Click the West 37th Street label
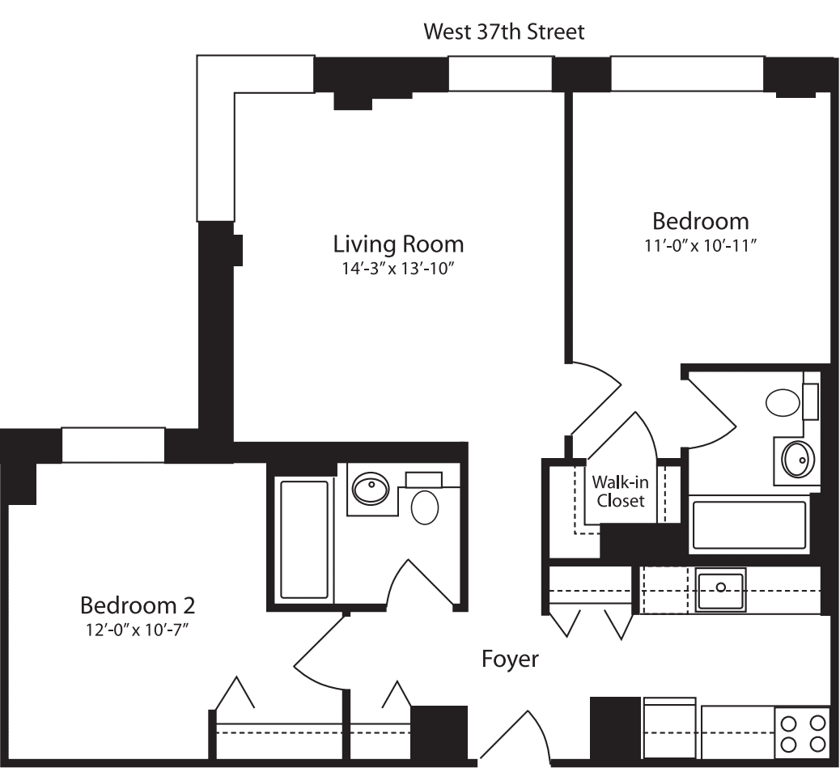tap(504, 32)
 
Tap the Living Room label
tap(399, 244)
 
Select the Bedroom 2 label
tap(138, 605)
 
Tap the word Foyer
tap(510, 659)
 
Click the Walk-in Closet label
tap(621, 491)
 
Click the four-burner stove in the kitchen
tap(802, 732)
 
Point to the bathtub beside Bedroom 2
tap(304, 538)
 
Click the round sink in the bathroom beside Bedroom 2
tap(371, 488)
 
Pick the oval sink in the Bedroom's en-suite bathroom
tap(796, 460)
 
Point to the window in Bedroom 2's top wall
tap(113, 445)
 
